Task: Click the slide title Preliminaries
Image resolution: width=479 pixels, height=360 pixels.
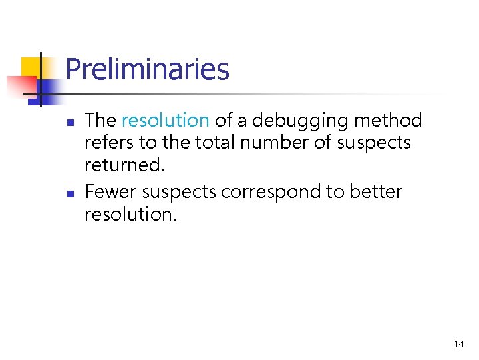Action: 147,69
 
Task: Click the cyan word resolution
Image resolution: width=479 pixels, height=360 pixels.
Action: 165,121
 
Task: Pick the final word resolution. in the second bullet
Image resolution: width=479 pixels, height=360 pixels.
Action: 131,214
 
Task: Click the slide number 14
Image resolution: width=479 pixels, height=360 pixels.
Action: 458,345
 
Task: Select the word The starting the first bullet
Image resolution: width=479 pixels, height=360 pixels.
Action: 100,121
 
